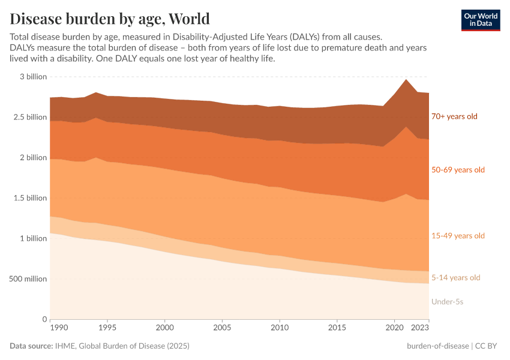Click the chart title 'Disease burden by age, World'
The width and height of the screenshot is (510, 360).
point(110,18)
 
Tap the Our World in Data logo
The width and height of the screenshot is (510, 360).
point(480,20)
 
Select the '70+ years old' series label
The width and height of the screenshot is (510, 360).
point(454,116)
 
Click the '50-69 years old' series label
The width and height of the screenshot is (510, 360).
point(458,170)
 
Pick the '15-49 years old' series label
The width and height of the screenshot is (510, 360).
point(458,236)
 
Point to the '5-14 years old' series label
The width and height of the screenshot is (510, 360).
point(455,278)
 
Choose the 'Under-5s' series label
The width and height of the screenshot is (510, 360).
point(447,302)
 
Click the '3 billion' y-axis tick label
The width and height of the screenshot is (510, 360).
point(33,77)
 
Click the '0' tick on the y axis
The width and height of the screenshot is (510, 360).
point(44,319)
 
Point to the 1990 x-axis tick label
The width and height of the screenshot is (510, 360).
point(58,328)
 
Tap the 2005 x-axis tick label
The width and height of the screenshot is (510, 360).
point(222,328)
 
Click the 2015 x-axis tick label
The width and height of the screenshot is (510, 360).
point(337,328)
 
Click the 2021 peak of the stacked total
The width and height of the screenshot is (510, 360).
point(406,79)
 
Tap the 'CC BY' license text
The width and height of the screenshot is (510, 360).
point(488,346)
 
